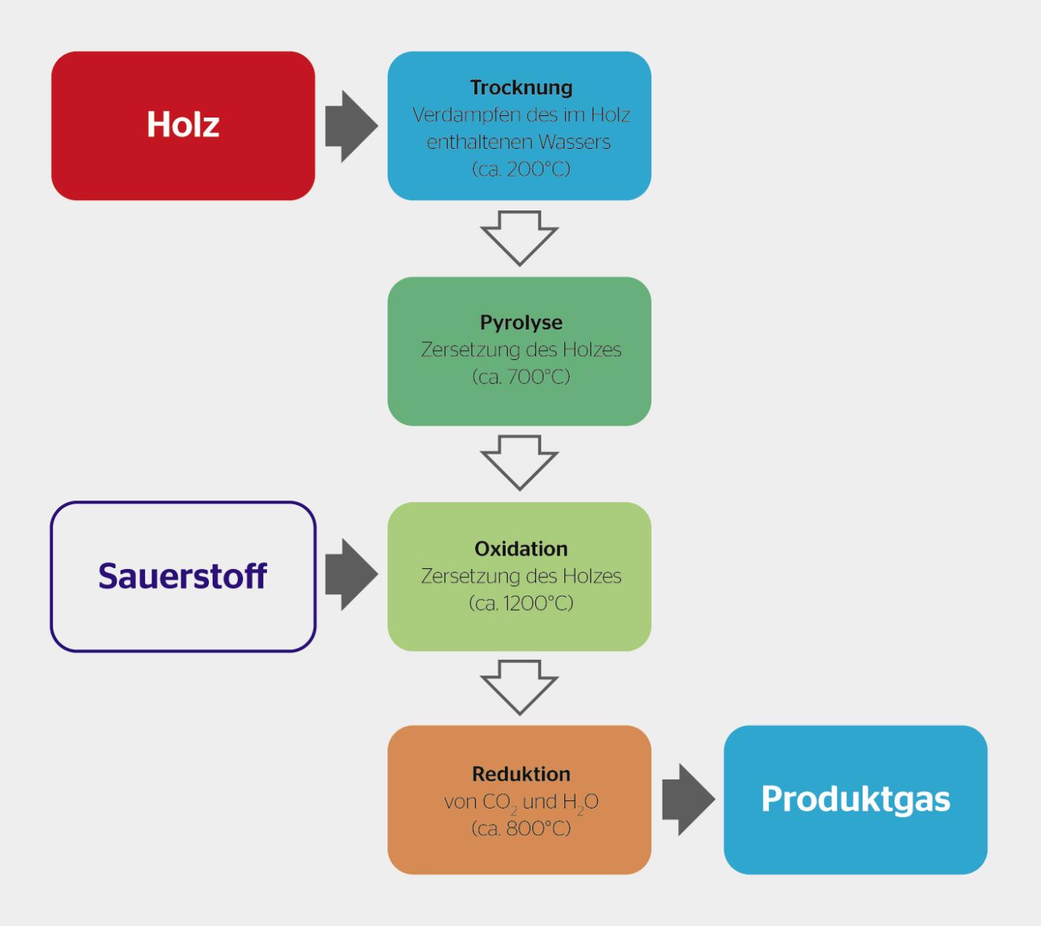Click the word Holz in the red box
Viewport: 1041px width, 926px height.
183,124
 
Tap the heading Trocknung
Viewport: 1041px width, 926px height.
521,88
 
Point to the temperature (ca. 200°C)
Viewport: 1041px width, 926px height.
521,169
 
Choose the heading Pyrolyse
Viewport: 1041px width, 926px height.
521,322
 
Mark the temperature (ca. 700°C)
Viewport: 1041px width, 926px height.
521,377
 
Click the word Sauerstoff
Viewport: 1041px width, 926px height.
182,576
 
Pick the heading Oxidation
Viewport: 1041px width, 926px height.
521,549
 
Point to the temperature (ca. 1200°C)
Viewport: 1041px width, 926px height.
521,603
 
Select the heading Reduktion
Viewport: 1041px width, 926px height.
521,774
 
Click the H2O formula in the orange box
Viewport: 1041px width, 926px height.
581,803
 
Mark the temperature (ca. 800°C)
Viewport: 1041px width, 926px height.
521,829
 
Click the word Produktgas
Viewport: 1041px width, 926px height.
856,800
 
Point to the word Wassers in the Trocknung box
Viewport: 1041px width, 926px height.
574,142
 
